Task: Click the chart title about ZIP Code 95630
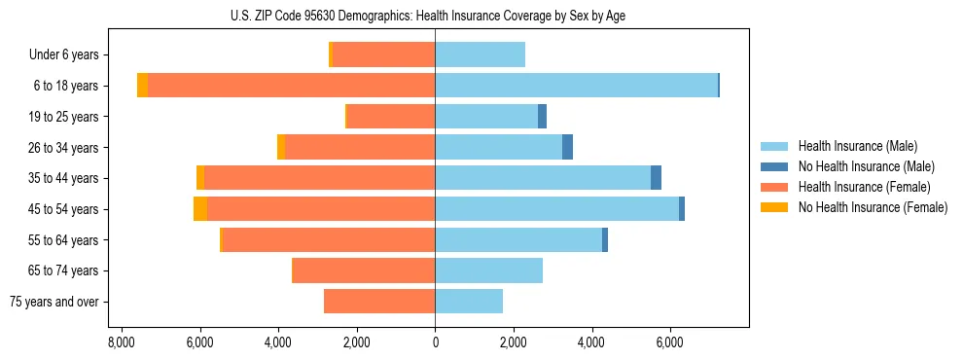click(435, 16)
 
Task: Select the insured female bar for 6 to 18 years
click(291, 86)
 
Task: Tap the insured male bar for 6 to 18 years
click(576, 86)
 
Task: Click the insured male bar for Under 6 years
click(480, 54)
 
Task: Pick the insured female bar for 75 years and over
click(379, 302)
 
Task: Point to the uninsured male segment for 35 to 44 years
click(656, 178)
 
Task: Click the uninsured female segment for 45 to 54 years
click(200, 209)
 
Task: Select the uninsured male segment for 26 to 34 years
click(567, 147)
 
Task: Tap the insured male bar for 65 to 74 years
click(488, 270)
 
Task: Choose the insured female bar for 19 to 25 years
click(391, 117)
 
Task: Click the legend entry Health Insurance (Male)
click(857, 146)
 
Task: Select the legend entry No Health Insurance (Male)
click(866, 166)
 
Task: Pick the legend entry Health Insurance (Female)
click(865, 187)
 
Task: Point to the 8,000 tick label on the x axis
click(122, 342)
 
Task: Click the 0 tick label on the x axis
click(435, 342)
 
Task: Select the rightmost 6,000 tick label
click(670, 342)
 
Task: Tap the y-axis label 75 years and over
click(54, 302)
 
